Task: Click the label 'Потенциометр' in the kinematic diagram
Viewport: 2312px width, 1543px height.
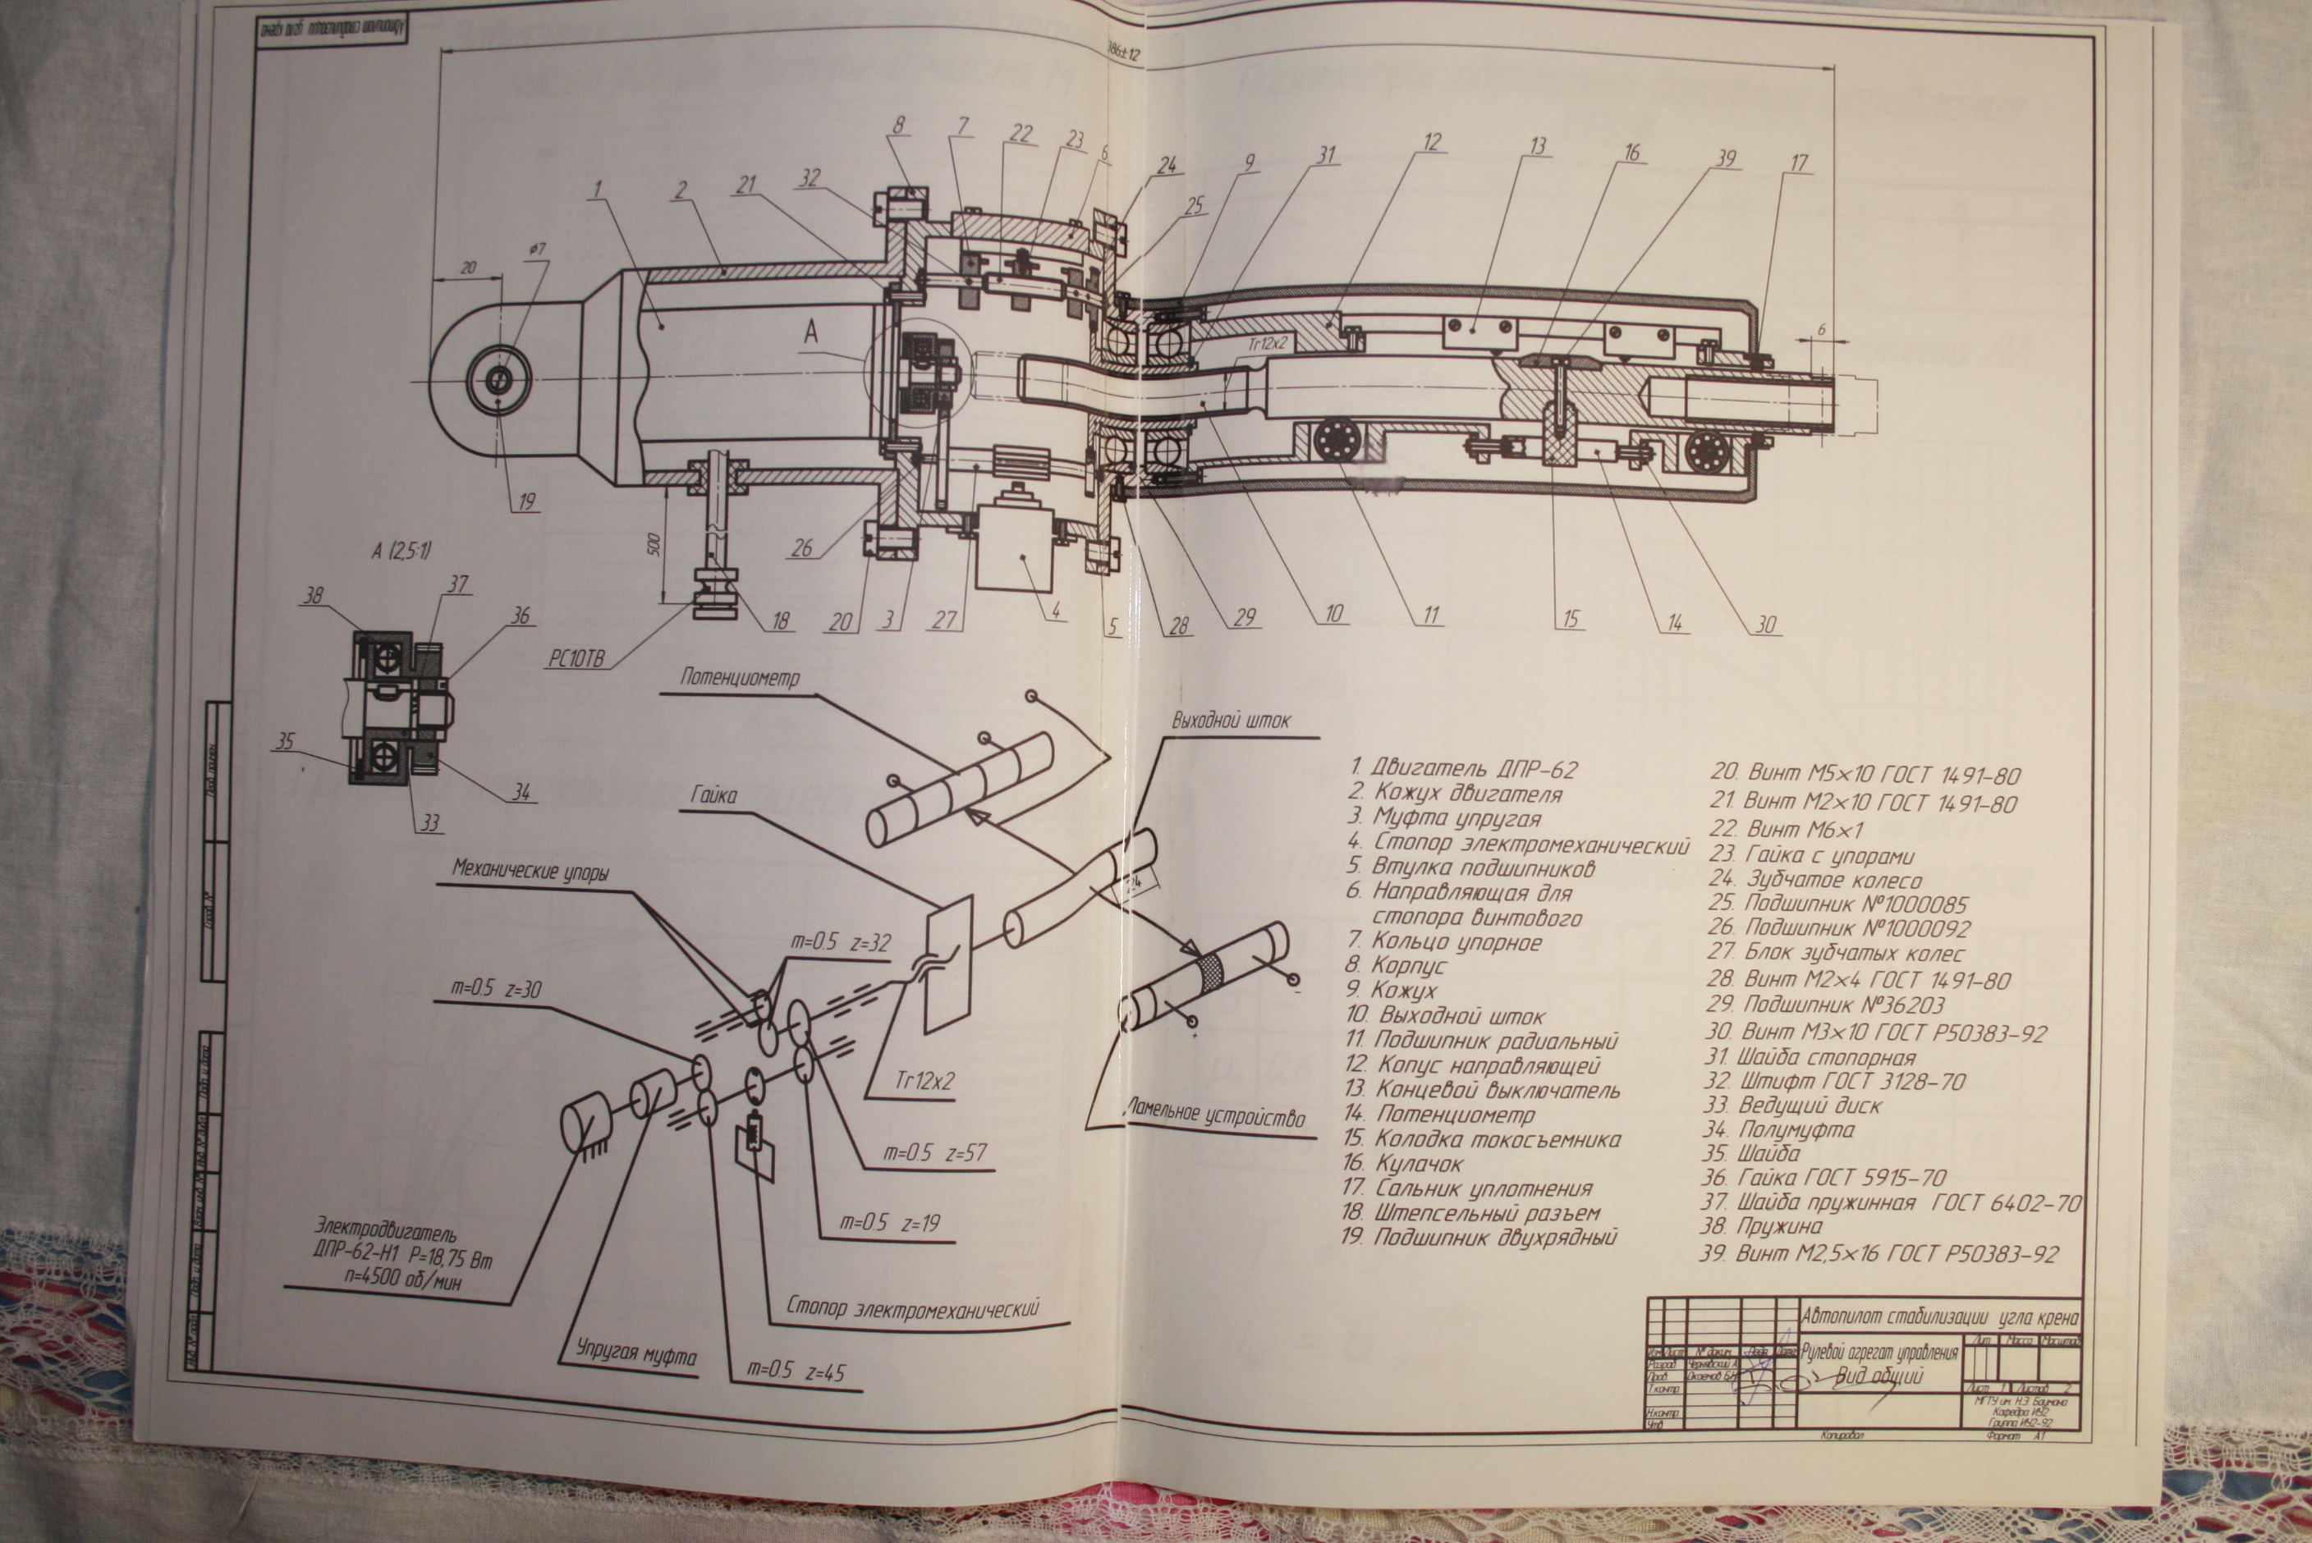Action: pyautogui.click(x=739, y=678)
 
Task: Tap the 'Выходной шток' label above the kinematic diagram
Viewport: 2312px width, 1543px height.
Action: pyautogui.click(x=1231, y=721)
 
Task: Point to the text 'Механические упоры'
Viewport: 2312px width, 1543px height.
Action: pyautogui.click(x=530, y=871)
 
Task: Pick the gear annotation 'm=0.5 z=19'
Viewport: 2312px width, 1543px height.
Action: pyautogui.click(x=890, y=1223)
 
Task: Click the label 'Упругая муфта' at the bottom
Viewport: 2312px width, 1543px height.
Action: pyautogui.click(x=635, y=1354)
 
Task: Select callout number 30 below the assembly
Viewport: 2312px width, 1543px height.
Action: pyautogui.click(x=1767, y=624)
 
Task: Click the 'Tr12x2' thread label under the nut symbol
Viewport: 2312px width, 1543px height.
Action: pyautogui.click(x=922, y=1080)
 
